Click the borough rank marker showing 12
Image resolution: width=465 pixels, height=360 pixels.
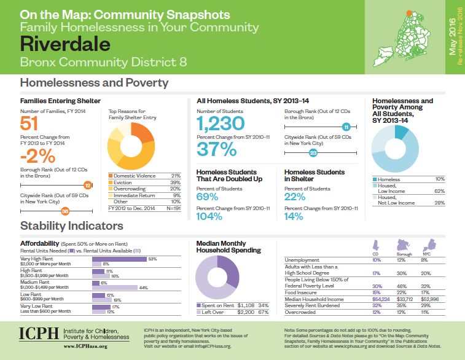[87, 184]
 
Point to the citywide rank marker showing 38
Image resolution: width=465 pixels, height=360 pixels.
[65, 212]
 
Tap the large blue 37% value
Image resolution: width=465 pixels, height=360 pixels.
[217, 149]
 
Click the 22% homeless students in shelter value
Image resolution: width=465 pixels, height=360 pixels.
[295, 197]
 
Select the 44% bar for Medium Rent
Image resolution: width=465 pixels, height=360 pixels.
[114, 287]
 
